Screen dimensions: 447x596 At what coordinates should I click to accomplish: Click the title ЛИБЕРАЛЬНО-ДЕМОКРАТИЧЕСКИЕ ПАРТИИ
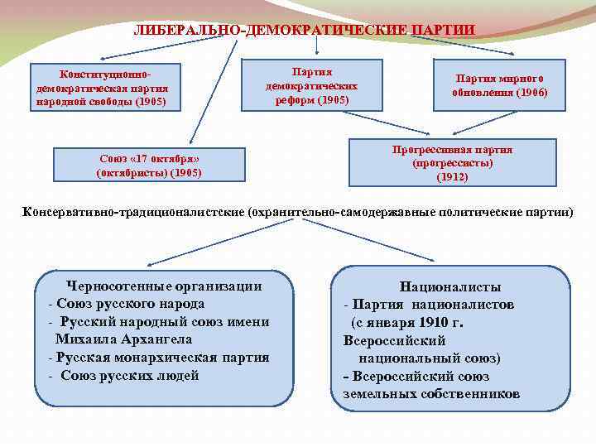(x=304, y=30)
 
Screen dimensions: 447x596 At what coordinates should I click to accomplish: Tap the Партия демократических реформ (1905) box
(x=311, y=85)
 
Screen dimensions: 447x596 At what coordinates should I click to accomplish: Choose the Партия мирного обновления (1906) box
(x=499, y=85)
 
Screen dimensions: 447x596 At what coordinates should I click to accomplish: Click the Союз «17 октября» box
(x=149, y=165)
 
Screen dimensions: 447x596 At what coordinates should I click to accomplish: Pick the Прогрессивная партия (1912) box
(x=452, y=162)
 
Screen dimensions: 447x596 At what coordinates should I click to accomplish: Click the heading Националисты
(x=450, y=287)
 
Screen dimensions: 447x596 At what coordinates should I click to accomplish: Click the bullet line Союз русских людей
(x=129, y=376)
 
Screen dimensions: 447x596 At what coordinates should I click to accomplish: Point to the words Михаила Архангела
(x=123, y=339)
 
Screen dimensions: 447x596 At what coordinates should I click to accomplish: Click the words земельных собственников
(x=431, y=394)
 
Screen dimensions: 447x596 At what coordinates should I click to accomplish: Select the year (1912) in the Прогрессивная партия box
(x=452, y=176)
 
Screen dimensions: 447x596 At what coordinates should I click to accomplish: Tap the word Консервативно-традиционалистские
(x=132, y=212)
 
